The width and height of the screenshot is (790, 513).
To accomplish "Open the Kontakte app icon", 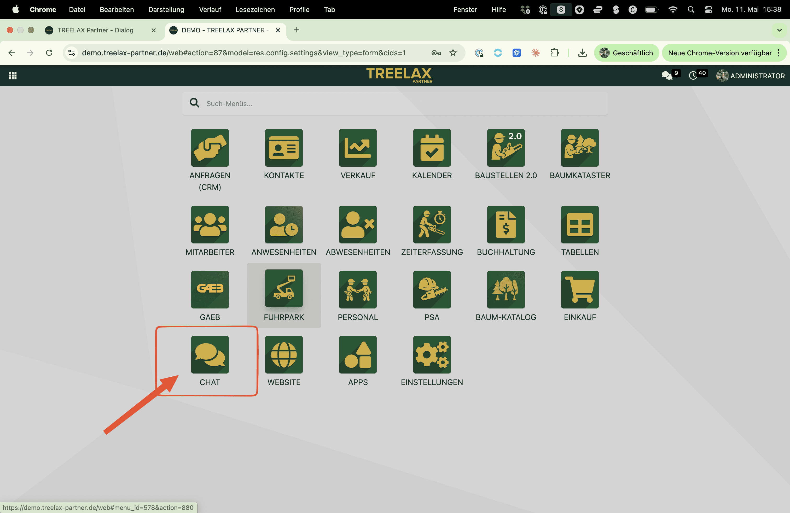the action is point(284,148).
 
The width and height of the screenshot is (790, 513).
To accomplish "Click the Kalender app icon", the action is point(432,148).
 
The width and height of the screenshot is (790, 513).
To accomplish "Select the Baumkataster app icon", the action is point(580,148).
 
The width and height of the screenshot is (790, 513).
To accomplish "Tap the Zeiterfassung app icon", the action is point(432,225).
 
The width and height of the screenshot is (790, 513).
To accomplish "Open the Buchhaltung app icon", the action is point(506,225).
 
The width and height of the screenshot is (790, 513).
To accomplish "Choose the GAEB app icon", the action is point(210,290).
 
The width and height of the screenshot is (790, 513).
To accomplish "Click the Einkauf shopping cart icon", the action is point(580,290).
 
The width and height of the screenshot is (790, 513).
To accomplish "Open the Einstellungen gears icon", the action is point(432,355).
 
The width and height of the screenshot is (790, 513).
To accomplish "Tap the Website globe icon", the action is point(284,355).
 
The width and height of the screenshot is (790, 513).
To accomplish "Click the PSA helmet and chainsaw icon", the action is point(432,290).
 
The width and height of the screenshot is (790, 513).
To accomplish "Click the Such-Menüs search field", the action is point(395,103).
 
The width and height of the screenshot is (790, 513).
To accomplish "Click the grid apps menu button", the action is point(13,76).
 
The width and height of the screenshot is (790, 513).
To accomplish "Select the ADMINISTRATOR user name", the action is point(757,76).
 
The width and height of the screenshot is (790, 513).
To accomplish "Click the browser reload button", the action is point(49,53).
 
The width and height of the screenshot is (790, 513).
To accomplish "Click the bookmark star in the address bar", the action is point(453,53).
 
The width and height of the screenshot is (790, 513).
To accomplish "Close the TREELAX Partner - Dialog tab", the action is point(153,30).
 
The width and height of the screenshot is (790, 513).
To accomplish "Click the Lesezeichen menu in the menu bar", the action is point(255,10).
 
